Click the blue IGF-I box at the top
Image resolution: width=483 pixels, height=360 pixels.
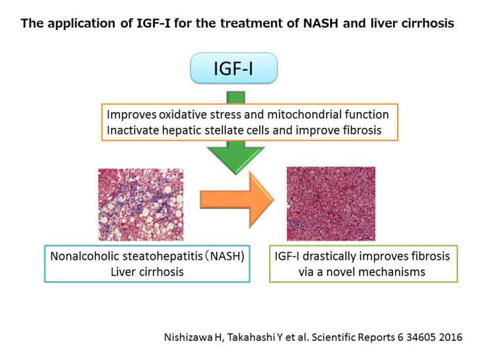click(x=234, y=68)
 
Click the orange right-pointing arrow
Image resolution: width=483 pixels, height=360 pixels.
click(x=237, y=200)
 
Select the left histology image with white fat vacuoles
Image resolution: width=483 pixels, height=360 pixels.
click(x=141, y=205)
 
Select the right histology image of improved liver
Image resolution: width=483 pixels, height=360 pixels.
click(x=331, y=204)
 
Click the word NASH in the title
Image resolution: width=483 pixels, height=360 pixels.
click(x=321, y=24)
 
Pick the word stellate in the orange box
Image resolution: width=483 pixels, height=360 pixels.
click(x=221, y=130)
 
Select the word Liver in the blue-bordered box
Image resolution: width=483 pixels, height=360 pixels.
click(x=123, y=271)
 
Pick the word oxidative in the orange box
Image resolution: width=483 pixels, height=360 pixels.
click(x=182, y=115)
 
